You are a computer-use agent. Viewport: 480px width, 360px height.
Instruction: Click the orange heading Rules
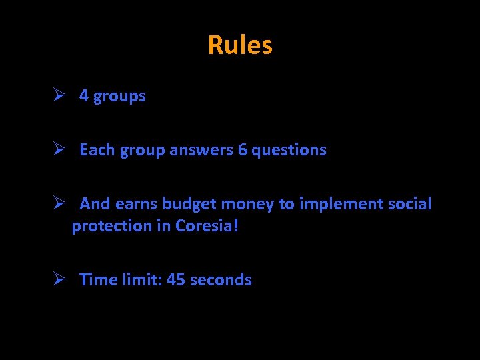point(240,45)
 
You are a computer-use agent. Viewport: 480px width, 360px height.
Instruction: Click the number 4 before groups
point(84,96)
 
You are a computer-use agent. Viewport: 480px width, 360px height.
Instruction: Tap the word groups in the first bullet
point(119,97)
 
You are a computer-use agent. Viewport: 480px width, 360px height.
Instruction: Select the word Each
point(97,150)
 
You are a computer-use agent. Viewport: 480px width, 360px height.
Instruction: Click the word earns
point(137,204)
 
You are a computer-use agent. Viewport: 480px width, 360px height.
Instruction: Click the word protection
point(112,226)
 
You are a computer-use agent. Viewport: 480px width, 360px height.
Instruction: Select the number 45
point(176,280)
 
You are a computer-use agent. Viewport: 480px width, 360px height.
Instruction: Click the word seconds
point(221,280)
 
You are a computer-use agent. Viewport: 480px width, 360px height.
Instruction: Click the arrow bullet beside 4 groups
point(59,95)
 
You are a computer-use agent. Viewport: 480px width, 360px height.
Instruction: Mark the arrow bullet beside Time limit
point(59,279)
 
